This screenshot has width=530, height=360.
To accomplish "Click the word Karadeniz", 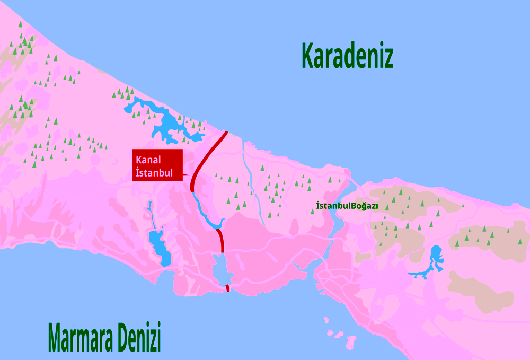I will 347,55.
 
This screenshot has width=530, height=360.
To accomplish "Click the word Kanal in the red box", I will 148,160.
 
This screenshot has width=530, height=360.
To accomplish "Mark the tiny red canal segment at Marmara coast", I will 227,288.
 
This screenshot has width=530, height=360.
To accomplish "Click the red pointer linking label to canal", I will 186,174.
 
